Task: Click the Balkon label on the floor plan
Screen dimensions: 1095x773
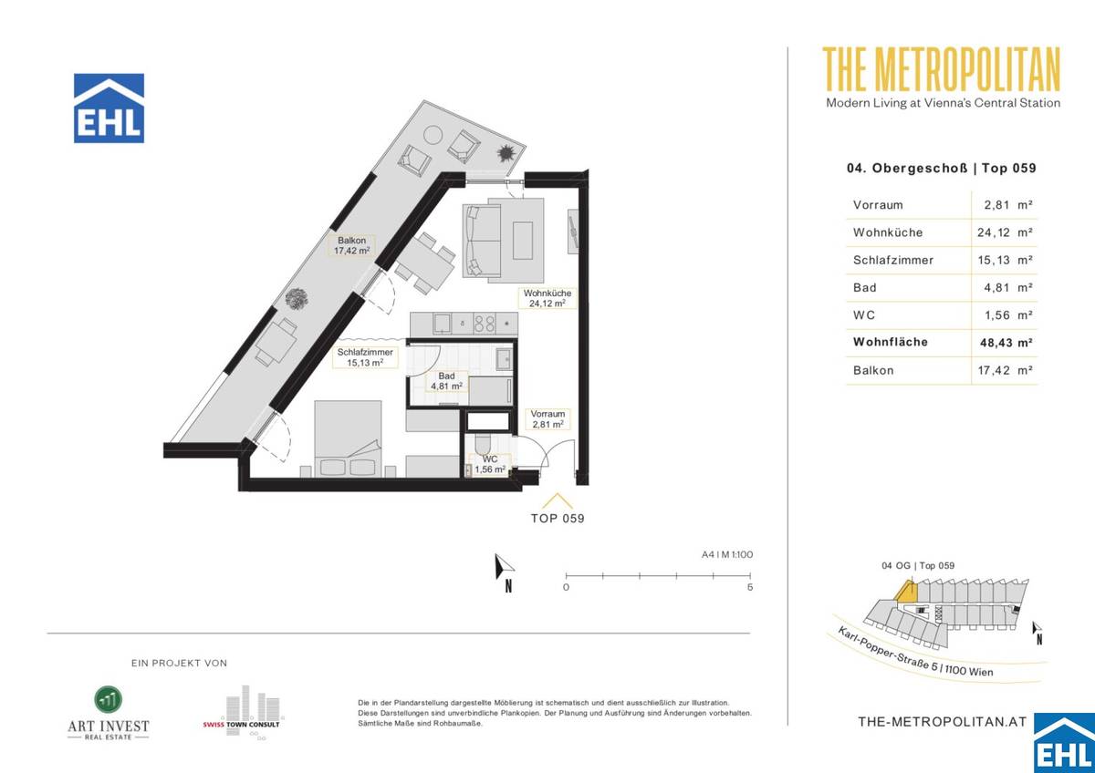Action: click(x=351, y=245)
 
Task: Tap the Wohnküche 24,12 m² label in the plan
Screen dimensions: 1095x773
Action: click(x=547, y=298)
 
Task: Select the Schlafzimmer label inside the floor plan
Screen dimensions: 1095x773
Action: click(x=365, y=357)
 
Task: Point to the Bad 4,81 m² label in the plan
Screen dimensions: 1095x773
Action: click(x=446, y=381)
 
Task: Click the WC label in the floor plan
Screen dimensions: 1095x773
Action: click(x=490, y=464)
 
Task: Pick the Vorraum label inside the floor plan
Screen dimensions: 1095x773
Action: click(x=547, y=419)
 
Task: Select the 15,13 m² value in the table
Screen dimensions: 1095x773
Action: click(x=1005, y=261)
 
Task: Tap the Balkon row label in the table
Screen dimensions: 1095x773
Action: click(x=873, y=371)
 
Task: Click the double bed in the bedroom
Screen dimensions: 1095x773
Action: click(x=348, y=438)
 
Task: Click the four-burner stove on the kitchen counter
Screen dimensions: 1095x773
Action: click(x=484, y=324)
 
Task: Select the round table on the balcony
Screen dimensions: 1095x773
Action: click(x=433, y=134)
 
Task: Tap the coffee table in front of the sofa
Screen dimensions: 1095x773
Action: click(x=523, y=241)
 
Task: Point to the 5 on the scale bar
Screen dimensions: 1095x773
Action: click(x=750, y=587)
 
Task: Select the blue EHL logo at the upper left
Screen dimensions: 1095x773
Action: click(x=109, y=108)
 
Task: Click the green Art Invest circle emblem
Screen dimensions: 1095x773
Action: click(x=109, y=699)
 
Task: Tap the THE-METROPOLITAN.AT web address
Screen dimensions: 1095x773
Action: click(x=943, y=722)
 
